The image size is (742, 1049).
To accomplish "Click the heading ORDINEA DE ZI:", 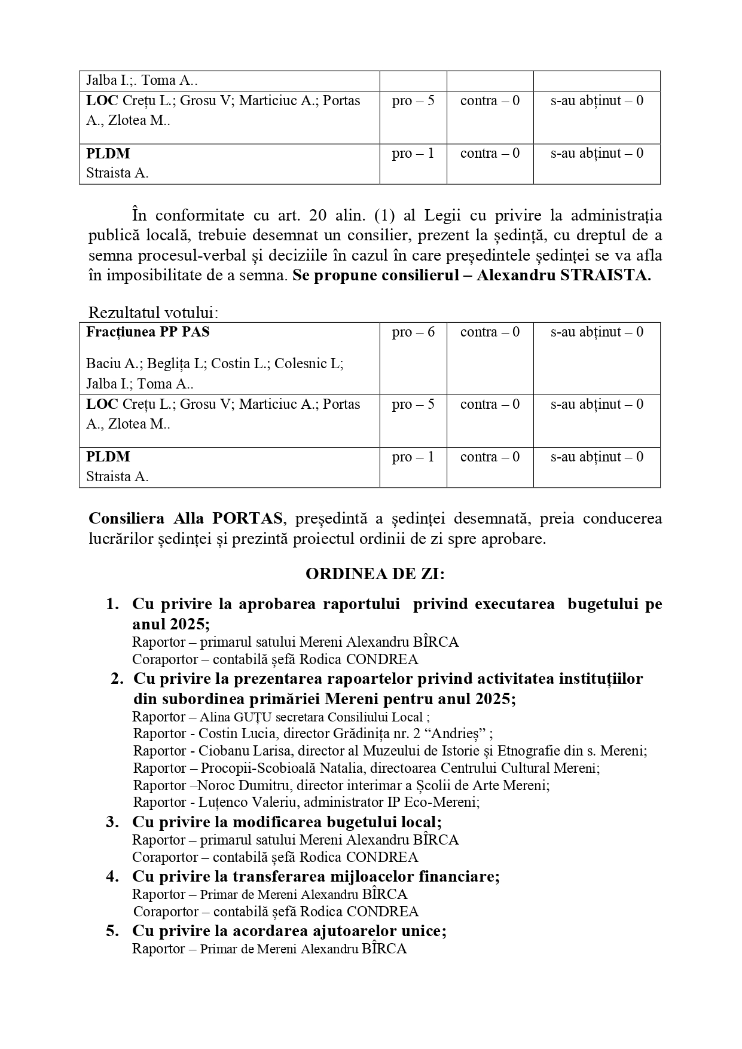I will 375,574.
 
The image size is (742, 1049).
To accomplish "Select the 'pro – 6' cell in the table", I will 413,332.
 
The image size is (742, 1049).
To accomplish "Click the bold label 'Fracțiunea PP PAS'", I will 148,332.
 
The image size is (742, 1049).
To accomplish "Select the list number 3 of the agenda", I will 113,822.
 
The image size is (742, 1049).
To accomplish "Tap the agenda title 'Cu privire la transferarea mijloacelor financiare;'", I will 316,877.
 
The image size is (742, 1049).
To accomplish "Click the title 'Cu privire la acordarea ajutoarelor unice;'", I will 289,931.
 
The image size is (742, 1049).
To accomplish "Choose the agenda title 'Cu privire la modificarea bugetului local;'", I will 287,822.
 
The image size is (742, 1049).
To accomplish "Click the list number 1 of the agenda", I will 112,604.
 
